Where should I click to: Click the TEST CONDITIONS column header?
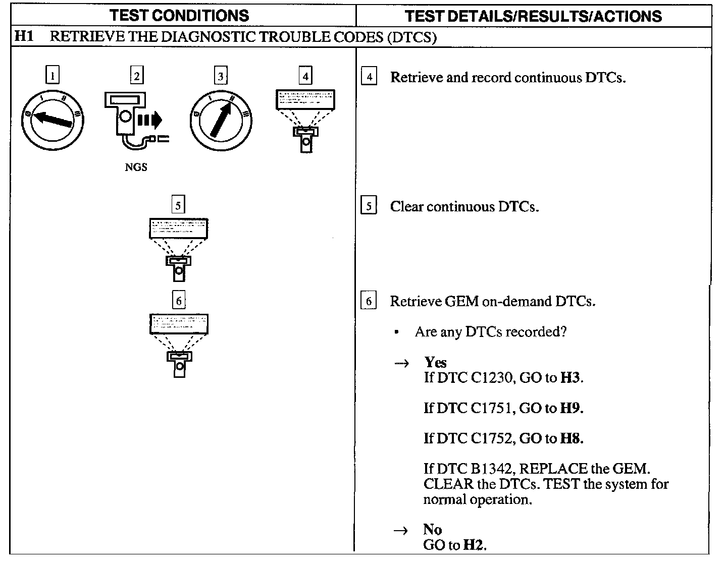179,16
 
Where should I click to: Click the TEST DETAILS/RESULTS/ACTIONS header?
533,16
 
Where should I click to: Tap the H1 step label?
24,37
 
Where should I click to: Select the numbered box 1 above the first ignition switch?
53,76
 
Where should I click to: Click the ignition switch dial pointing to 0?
53,121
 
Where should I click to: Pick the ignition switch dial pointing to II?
221,121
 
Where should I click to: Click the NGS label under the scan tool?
136,167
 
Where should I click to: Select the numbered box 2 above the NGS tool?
136,76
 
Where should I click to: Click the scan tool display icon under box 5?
179,249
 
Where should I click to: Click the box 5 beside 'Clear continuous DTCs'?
369,206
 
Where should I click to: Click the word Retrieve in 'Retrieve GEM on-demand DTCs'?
416,302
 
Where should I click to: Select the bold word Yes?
435,362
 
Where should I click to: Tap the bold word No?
433,529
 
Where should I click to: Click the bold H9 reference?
571,408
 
